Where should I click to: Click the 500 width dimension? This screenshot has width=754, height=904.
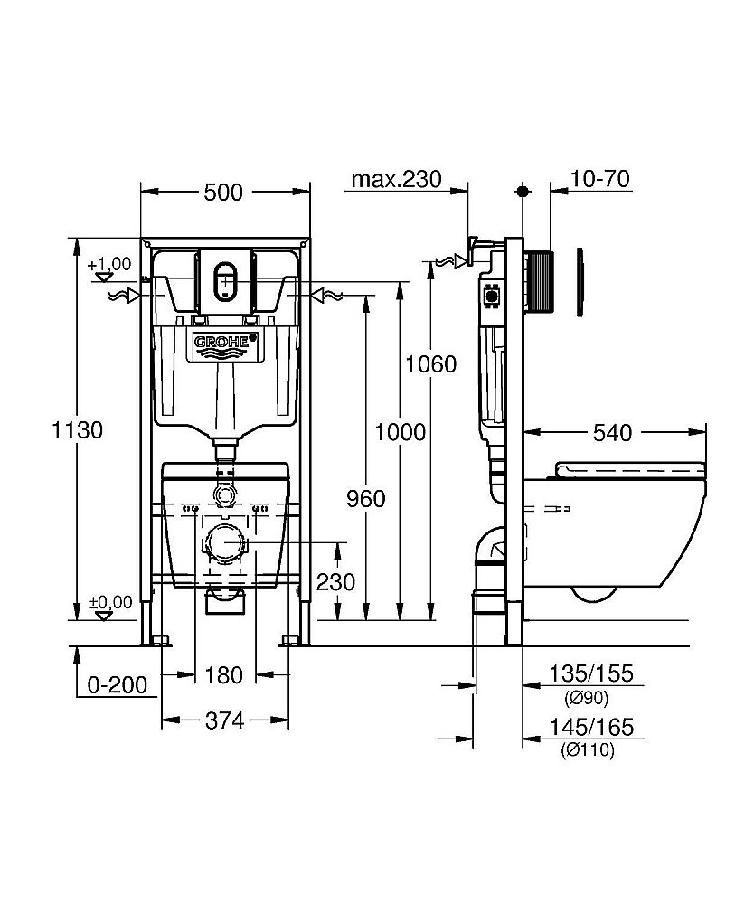(223, 192)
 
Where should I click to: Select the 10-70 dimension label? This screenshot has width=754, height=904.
(600, 179)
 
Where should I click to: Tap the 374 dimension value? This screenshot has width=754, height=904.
(224, 720)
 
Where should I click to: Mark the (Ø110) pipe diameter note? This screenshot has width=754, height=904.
(589, 749)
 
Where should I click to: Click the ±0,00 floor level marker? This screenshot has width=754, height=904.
(109, 603)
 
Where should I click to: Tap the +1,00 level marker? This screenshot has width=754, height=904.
(109, 265)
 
